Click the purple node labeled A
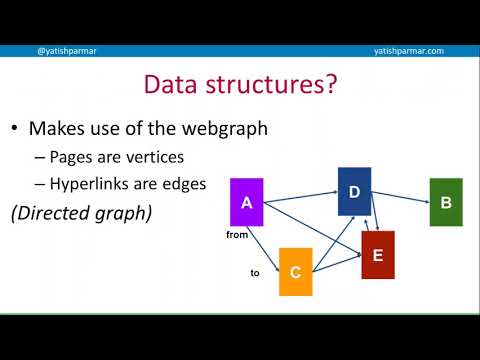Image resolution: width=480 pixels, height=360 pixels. click(246, 202)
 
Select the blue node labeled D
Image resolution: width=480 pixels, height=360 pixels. click(354, 191)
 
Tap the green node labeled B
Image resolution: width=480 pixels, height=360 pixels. click(445, 202)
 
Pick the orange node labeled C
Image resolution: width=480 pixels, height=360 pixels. click(295, 271)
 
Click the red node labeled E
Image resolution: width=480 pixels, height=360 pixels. click(377, 255)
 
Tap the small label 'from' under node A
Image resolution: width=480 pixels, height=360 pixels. click(236, 236)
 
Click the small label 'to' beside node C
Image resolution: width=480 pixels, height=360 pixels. click(254, 271)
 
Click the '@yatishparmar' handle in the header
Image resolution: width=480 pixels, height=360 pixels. click(66, 51)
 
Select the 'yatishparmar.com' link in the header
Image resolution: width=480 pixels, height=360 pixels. click(409, 51)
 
